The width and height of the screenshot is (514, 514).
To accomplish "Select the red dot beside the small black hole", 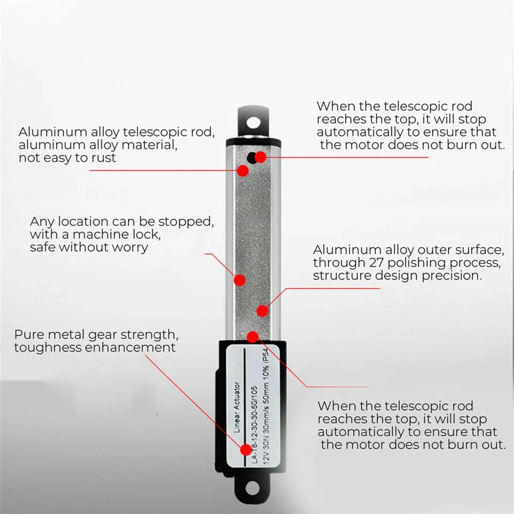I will pyautogui.click(x=261, y=157).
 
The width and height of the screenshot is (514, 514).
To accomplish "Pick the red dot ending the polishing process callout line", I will pyautogui.click(x=263, y=310).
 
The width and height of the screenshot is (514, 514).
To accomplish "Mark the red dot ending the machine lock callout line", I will pyautogui.click(x=240, y=280).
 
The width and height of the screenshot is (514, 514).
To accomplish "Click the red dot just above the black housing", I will pyautogui.click(x=252, y=337).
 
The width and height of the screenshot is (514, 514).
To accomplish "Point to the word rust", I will pyautogui.click(x=102, y=158).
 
